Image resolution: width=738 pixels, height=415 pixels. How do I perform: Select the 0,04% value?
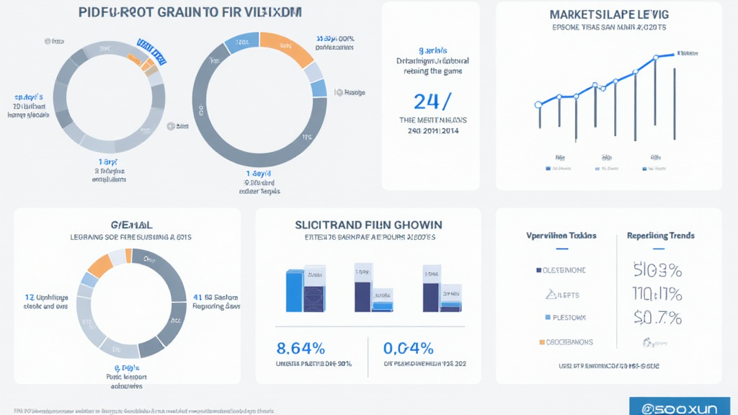pyautogui.click(x=409, y=349)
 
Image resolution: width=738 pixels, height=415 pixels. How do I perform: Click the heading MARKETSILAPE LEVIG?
pyautogui.click(x=609, y=14)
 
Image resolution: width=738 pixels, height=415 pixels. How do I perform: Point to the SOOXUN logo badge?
pyautogui.click(x=682, y=407)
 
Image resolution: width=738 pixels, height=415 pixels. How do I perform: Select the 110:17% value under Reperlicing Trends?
pyautogui.click(x=657, y=294)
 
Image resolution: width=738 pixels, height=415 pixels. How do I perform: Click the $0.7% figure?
pyautogui.click(x=657, y=317)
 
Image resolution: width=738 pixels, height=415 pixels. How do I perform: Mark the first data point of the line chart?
pyautogui.click(x=538, y=105)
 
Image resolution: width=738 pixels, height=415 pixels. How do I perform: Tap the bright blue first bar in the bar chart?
pyautogui.click(x=294, y=291)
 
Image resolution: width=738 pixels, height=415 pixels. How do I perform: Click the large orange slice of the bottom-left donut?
pyautogui.click(x=99, y=265)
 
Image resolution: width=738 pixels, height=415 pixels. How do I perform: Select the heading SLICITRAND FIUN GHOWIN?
pyautogui.click(x=368, y=225)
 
